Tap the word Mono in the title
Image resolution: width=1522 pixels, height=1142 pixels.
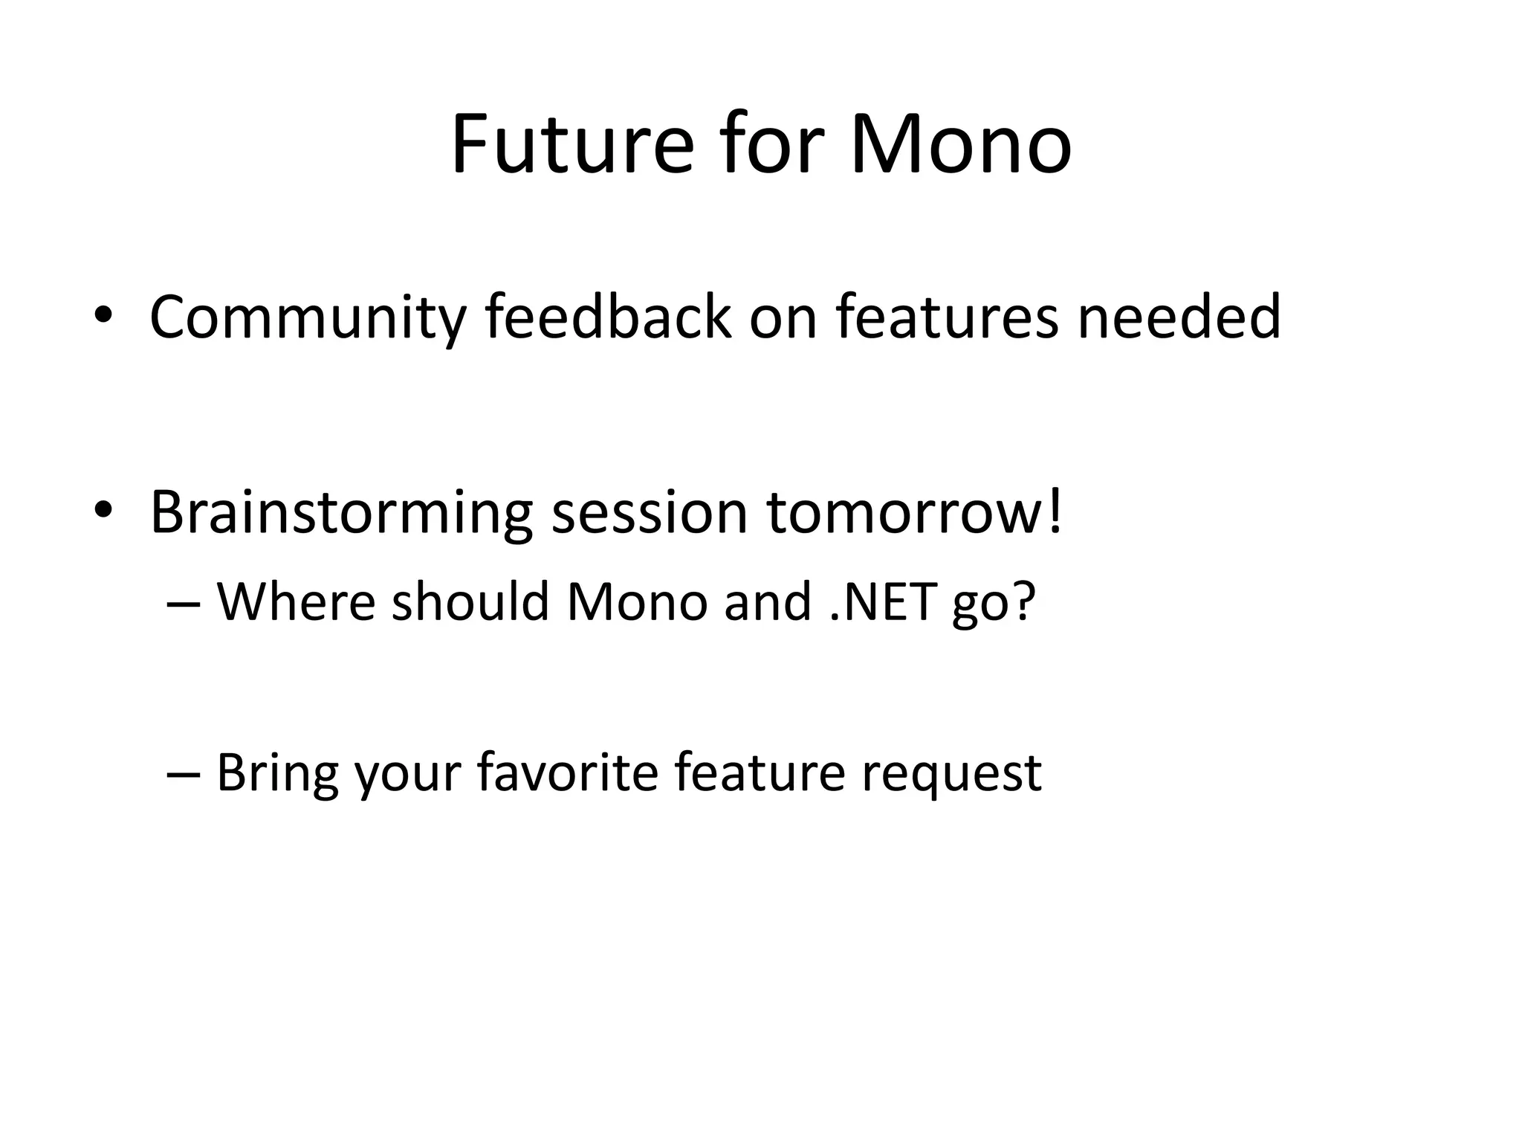[x=960, y=145]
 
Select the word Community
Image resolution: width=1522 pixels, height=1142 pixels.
[x=307, y=318]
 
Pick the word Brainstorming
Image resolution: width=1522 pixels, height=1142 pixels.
[x=341, y=513]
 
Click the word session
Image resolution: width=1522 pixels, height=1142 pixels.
[x=649, y=513]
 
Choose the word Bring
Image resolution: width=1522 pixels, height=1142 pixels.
[x=277, y=773]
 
